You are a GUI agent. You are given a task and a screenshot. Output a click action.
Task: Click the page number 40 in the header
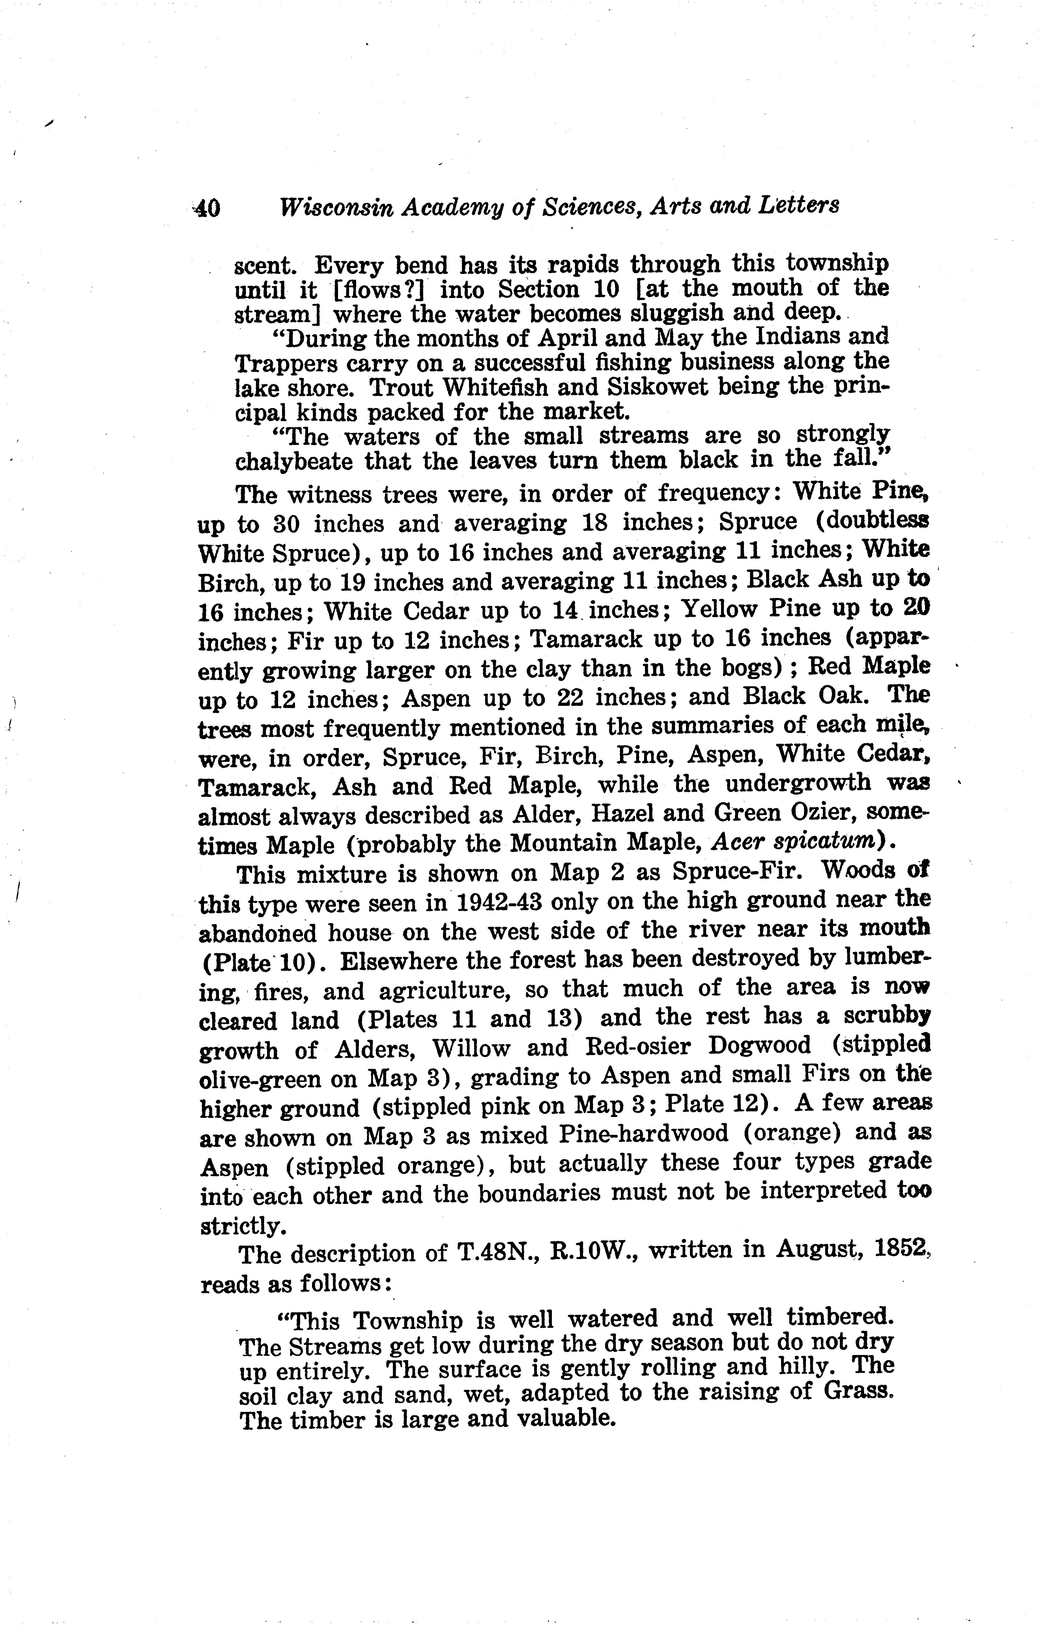[x=206, y=208]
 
